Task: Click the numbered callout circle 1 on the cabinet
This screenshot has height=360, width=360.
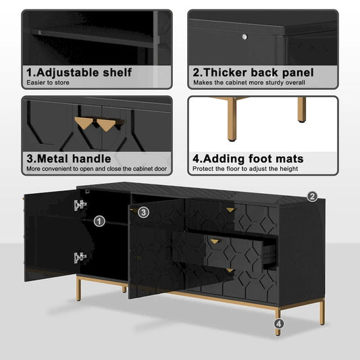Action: pos(99,220)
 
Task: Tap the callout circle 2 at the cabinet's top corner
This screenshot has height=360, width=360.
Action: pos(312,197)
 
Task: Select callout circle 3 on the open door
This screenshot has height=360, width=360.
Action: pos(143,212)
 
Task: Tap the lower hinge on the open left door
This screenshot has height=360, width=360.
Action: pos(80,257)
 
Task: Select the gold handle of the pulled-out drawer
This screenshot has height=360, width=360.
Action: pos(215,241)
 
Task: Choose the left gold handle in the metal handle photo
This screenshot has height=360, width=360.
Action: pos(83,124)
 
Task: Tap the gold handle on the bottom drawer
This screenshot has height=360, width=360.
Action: pos(230,271)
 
